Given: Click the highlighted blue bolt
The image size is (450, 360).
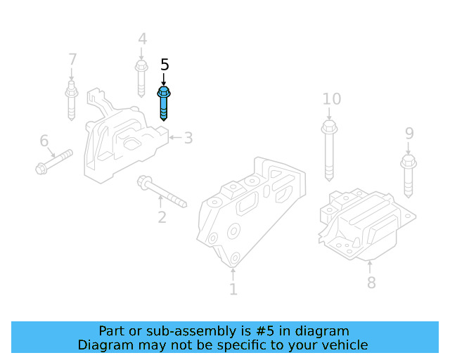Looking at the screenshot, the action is (164, 103).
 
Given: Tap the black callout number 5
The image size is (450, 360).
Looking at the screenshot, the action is (165, 65).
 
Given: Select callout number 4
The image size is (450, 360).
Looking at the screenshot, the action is (143, 39).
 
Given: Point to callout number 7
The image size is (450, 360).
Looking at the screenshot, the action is (72, 59).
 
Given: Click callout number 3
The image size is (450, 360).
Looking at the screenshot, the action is (188, 138).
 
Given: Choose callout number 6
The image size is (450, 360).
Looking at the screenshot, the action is (44, 141).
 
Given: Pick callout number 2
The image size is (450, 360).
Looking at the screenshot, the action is (162, 217).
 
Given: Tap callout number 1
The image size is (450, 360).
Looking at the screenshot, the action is (233, 289).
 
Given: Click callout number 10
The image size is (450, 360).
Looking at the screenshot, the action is (332, 99).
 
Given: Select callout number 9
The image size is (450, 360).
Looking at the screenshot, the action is (409, 133).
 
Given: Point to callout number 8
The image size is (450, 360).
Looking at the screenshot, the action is (371, 283).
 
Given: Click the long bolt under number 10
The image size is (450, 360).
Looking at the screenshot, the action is (329, 151).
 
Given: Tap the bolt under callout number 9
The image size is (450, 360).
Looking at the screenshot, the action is (409, 176).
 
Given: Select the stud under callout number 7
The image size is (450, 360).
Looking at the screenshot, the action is (72, 101).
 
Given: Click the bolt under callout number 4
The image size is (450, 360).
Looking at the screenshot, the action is (141, 79).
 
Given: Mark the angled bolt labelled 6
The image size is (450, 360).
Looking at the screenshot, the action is (54, 162).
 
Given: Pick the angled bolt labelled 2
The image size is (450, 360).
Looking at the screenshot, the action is (162, 191).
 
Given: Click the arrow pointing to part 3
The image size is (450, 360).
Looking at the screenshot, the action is (175, 138).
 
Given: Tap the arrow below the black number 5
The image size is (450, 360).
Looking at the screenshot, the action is (164, 79).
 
